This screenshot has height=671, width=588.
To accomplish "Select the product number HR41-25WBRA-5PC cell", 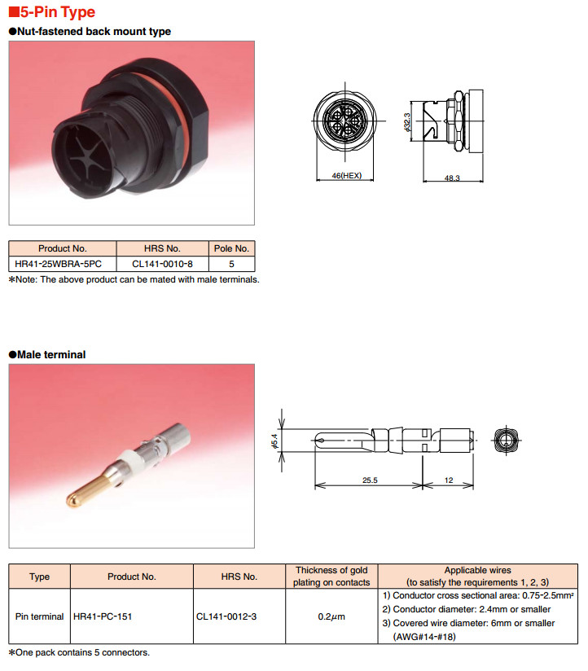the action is pyautogui.click(x=58, y=264).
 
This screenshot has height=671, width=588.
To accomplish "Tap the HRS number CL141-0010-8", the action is pyautogui.click(x=162, y=264).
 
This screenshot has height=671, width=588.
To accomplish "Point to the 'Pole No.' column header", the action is pyautogui.click(x=231, y=248).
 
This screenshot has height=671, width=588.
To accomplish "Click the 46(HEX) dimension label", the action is pyautogui.click(x=347, y=175).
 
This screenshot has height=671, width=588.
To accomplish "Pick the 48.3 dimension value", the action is pyautogui.click(x=452, y=178).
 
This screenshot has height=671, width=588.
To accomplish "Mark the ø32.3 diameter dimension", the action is pyautogui.click(x=406, y=122).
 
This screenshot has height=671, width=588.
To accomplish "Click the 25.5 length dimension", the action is pyautogui.click(x=370, y=480).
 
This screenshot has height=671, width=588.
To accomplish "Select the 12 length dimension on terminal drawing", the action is pyautogui.click(x=449, y=480).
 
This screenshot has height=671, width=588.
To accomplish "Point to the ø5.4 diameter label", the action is pyautogui.click(x=274, y=441).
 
